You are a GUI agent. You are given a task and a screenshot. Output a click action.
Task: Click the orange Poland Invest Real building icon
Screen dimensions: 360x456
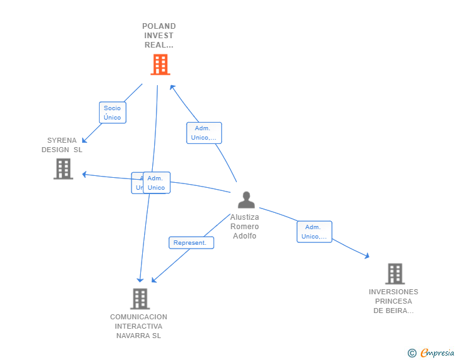click(x=160, y=64)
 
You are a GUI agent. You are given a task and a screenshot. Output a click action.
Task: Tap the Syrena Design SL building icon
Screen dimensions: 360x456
click(x=63, y=169)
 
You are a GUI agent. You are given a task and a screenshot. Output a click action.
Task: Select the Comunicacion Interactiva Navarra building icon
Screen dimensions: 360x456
click(x=140, y=299)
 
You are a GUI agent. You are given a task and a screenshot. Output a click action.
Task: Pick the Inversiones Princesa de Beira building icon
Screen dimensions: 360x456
click(x=395, y=274)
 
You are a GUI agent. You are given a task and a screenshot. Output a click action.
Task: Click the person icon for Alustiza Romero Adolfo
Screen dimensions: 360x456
click(x=247, y=200)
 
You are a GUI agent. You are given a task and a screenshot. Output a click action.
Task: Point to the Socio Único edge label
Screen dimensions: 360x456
click(x=113, y=113)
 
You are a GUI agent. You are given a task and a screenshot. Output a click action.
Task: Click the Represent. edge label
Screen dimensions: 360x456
click(x=191, y=243)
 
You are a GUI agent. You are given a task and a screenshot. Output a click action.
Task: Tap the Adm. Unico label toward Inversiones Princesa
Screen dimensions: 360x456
click(x=314, y=232)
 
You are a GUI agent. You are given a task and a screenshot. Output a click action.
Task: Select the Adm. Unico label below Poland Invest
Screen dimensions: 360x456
click(x=204, y=133)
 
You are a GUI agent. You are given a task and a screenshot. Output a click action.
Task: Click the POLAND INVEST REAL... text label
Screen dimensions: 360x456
click(x=159, y=36)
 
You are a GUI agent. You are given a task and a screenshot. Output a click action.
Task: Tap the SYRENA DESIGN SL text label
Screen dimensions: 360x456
click(x=62, y=145)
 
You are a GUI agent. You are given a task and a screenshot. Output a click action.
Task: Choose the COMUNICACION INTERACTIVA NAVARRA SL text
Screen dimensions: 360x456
click(x=138, y=326)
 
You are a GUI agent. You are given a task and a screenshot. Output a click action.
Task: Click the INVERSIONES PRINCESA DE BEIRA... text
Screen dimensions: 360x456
click(x=393, y=301)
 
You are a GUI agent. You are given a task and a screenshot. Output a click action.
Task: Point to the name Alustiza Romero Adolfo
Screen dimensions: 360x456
click(x=244, y=227)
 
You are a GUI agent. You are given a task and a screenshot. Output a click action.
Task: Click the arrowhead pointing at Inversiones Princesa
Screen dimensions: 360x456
click(x=367, y=255)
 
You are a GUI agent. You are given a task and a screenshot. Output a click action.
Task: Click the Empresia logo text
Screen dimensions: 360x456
click(x=437, y=353)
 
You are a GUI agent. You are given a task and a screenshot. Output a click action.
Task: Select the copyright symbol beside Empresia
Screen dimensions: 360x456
click(x=412, y=354)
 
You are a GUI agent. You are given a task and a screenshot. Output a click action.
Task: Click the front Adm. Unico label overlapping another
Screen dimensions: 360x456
click(x=157, y=183)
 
